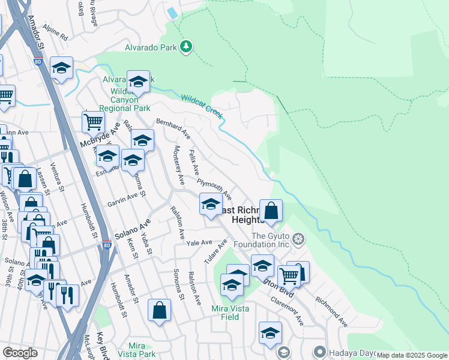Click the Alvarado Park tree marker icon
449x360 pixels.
[x=187, y=46]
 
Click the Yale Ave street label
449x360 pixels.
[x=199, y=243]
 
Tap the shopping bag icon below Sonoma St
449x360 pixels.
[x=160, y=310]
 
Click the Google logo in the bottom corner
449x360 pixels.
[x=20, y=353]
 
